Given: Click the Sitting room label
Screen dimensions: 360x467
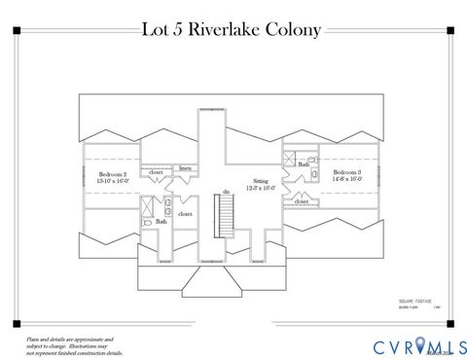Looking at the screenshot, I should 260,182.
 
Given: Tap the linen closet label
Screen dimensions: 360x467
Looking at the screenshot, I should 185,168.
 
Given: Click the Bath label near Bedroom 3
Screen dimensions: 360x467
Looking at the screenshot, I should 304,165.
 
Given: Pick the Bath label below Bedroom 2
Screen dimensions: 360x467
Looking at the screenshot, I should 161,222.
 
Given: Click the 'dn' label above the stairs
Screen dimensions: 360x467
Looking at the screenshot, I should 226,192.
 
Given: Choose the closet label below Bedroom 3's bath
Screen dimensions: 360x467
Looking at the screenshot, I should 302,202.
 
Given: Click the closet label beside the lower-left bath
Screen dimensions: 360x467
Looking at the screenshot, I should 185,213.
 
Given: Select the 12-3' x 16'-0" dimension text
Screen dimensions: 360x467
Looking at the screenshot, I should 260,190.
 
